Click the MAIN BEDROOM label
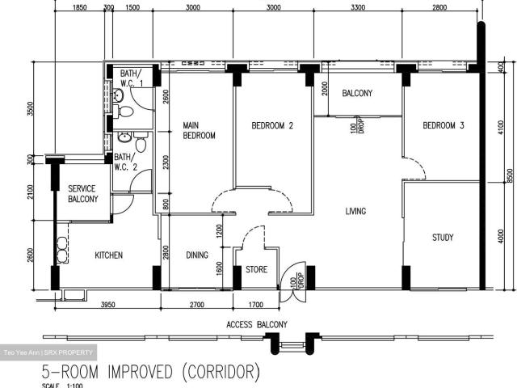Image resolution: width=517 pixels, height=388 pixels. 199,130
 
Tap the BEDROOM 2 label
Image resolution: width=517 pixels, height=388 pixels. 271,125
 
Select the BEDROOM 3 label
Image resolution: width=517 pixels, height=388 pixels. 443,125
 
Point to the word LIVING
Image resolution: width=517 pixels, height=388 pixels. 355,212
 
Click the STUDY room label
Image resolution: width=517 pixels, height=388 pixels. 442,238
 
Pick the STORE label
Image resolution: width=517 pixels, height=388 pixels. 256,270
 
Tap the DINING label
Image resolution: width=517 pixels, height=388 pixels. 196,255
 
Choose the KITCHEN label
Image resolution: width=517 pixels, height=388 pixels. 108,255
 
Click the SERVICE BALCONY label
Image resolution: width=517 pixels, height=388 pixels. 82,194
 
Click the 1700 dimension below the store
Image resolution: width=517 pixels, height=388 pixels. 255,305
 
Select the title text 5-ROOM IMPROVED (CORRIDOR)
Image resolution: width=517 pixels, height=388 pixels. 151,373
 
